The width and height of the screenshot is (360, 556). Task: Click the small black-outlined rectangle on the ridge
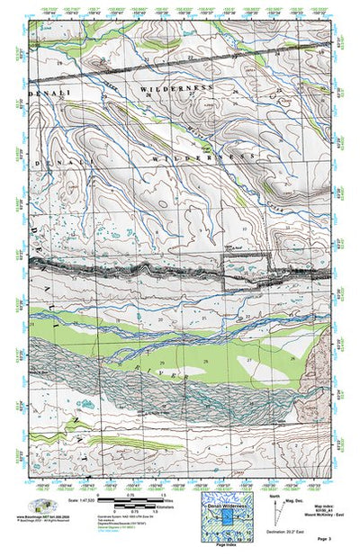click(245, 270)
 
